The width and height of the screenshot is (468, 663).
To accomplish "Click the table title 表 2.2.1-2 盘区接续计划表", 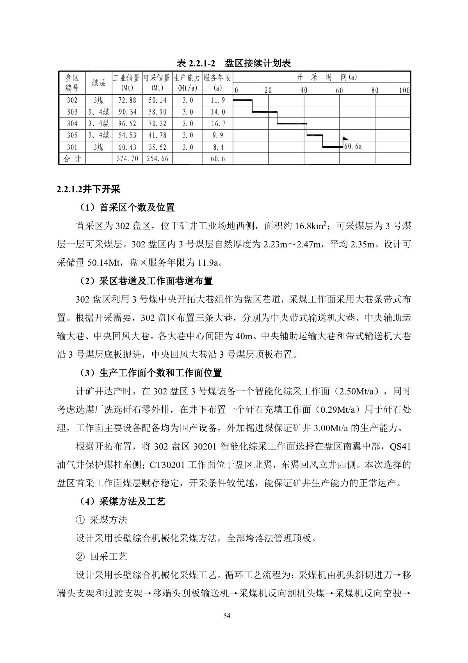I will (234, 63).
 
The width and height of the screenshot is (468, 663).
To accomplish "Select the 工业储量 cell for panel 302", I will (127, 100).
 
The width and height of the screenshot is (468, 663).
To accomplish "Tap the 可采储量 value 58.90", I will (157, 112).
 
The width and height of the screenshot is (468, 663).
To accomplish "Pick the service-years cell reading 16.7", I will (217, 124).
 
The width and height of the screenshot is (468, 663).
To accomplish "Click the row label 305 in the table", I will (72, 136).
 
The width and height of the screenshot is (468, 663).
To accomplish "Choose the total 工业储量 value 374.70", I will (127, 159).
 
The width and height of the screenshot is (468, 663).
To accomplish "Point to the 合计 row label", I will (72, 159).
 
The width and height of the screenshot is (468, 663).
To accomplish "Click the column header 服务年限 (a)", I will (217, 83).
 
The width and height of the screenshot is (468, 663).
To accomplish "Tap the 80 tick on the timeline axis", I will (375, 91).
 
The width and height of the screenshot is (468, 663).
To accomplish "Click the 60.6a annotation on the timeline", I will (353, 147).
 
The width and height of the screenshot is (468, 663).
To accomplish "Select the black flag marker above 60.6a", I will (345, 139).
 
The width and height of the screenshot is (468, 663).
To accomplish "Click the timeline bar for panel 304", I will (292, 124).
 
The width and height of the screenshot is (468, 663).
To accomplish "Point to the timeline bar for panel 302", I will (242, 100).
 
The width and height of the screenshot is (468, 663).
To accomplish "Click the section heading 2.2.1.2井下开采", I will (88, 190).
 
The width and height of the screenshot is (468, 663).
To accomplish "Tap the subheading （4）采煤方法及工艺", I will (121, 502).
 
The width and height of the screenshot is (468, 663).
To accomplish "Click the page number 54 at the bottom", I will (227, 616).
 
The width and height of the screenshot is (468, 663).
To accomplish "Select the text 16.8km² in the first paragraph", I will (310, 226).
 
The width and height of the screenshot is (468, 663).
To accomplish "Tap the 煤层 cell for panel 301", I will (98, 147).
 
